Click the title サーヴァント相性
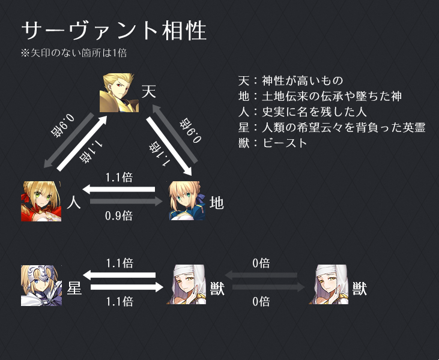tap(114, 31)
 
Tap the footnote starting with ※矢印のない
tap(73, 53)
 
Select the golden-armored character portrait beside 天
tap(119, 92)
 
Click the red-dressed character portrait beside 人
tap(41, 201)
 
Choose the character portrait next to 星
tap(41, 285)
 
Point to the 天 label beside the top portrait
tap(149, 92)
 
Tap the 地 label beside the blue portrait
tap(217, 203)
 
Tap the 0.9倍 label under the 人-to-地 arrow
tap(119, 216)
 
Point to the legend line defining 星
tap(332, 127)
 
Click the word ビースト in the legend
tap(285, 143)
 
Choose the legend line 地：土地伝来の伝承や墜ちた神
tap(319, 96)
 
